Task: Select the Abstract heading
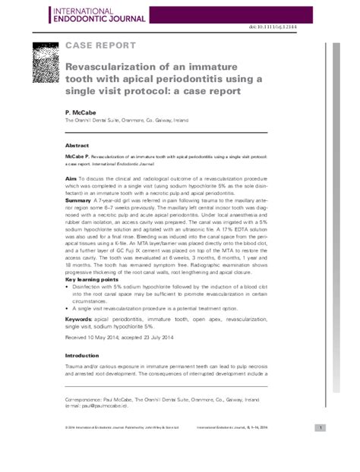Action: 78,144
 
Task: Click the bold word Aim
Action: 71,176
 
